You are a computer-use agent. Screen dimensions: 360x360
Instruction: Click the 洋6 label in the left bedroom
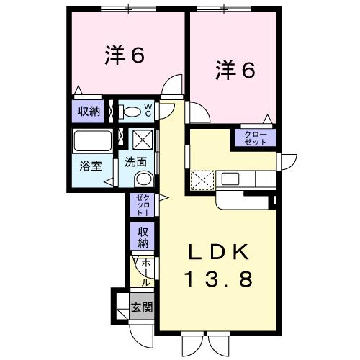pos(126,55)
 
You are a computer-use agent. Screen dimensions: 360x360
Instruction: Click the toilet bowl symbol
pos(130,112)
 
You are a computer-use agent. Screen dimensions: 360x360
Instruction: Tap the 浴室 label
pos(90,165)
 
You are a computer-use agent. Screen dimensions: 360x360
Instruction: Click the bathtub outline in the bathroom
pos(92,142)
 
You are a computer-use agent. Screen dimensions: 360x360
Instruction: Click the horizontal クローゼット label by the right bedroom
pos(254,138)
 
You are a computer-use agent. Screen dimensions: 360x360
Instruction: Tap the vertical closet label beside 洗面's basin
pos(140,206)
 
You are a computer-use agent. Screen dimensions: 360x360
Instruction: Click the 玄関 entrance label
pos(141,308)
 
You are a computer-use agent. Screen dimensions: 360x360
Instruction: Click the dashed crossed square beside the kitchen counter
pos(202,178)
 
